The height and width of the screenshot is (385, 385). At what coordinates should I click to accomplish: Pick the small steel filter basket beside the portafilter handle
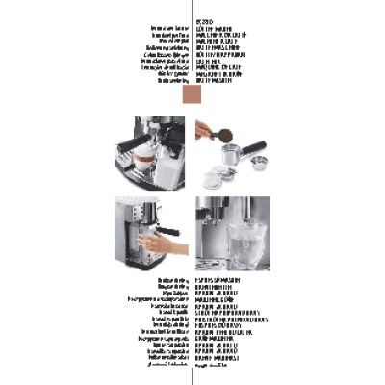pos(259,161)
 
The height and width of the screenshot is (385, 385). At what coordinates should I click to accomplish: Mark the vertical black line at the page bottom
pos(193,377)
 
